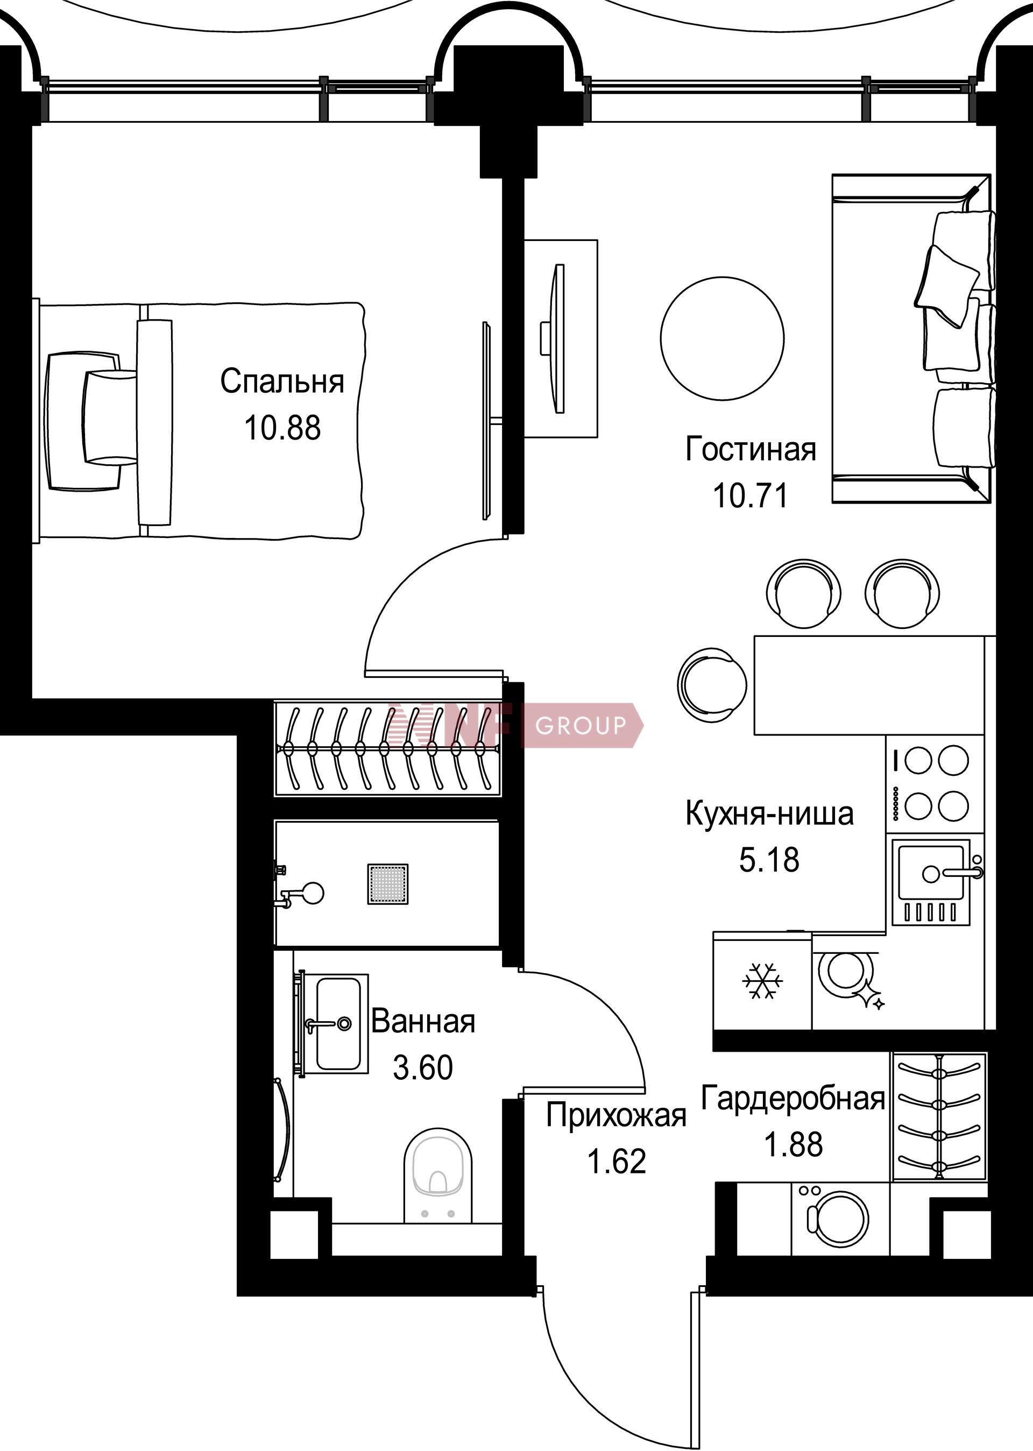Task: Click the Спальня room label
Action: pyautogui.click(x=282, y=381)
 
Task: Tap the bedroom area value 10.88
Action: pyautogui.click(x=282, y=428)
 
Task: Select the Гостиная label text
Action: pyautogui.click(x=751, y=449)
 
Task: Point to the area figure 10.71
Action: pyautogui.click(x=751, y=496)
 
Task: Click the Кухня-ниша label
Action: pyautogui.click(x=770, y=813)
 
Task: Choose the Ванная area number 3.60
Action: pyautogui.click(x=423, y=1067)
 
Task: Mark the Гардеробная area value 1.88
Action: pyautogui.click(x=793, y=1144)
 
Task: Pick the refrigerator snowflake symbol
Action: pyautogui.click(x=763, y=980)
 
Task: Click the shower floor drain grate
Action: pyautogui.click(x=387, y=883)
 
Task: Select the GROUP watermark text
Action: pyautogui.click(x=581, y=725)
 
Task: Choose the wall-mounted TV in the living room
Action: pyautogui.click(x=558, y=339)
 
